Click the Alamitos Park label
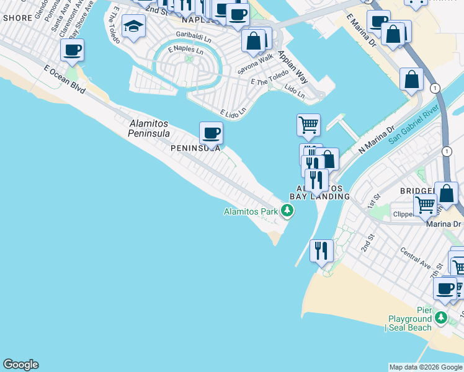[251, 212]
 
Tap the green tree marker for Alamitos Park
[287, 212]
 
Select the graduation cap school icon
[133, 27]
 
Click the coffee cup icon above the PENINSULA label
[211, 133]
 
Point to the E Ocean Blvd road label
[65, 79]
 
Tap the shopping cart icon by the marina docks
[308, 125]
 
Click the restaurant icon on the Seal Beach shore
[321, 250]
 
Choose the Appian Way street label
[293, 66]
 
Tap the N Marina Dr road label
[377, 141]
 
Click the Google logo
[20, 365]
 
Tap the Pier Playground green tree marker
[441, 318]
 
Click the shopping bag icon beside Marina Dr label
[446, 193]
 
